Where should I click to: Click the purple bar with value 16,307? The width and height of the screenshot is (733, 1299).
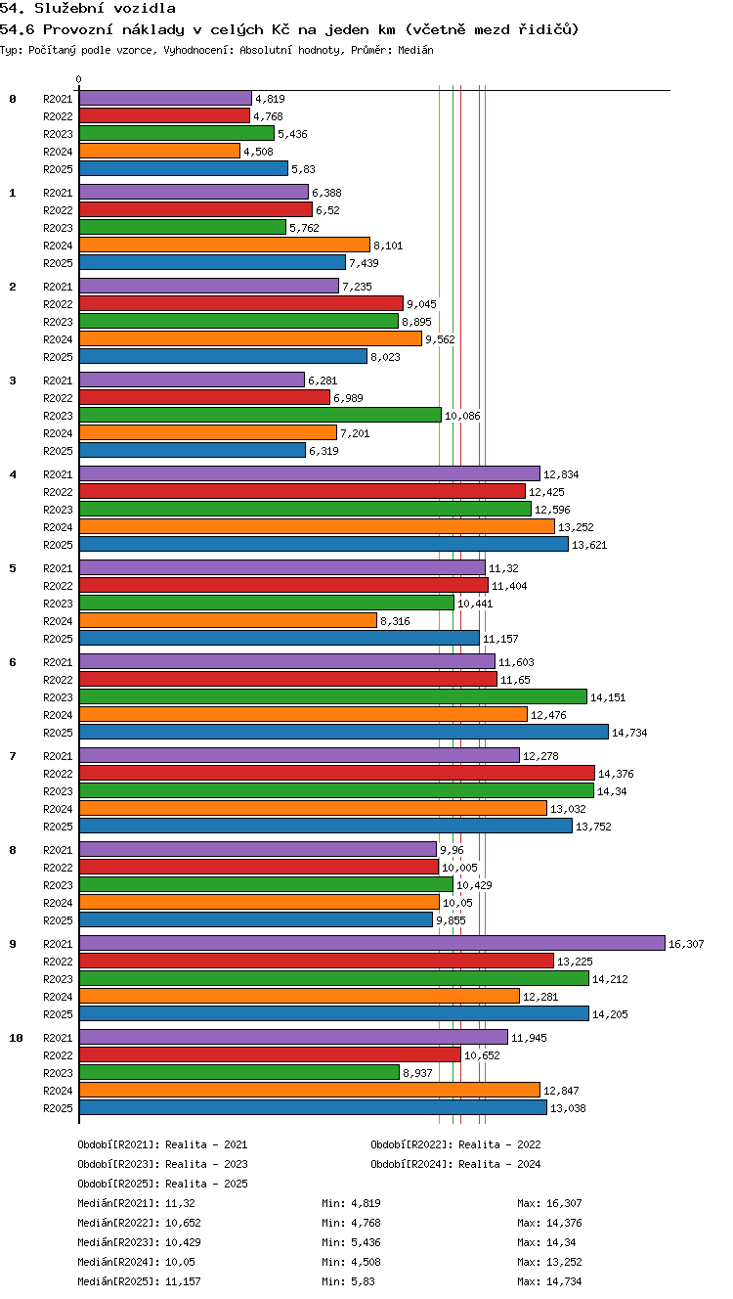click(372, 944)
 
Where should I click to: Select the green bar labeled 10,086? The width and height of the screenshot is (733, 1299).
click(260, 415)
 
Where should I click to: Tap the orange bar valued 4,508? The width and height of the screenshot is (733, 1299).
click(159, 151)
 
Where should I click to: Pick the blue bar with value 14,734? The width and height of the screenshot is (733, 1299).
click(344, 732)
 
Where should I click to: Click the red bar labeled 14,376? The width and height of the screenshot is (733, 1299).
click(336, 773)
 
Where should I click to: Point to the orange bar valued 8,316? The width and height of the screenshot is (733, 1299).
click(228, 620)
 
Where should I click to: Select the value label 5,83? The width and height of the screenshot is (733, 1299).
click(304, 169)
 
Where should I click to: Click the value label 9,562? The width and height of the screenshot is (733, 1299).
click(441, 339)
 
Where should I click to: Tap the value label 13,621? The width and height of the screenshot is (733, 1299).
click(590, 545)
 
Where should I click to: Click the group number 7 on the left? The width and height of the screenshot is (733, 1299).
click(13, 756)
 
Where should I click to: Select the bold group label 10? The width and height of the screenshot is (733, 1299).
click(16, 1038)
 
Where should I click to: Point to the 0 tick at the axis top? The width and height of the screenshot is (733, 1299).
click(79, 79)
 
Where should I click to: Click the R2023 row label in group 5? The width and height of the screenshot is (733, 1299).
click(58, 604)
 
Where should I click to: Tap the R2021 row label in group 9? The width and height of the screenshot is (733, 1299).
click(58, 944)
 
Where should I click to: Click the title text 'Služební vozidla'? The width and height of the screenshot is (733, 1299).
click(105, 8)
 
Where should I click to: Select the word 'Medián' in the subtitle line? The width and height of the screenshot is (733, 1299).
click(415, 51)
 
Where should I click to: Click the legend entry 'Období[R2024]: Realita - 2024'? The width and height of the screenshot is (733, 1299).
click(455, 1164)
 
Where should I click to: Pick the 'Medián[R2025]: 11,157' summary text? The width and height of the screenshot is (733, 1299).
click(139, 1281)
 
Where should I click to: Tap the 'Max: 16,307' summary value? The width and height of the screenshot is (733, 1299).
click(549, 1203)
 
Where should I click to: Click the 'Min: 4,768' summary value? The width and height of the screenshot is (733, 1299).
click(351, 1223)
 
